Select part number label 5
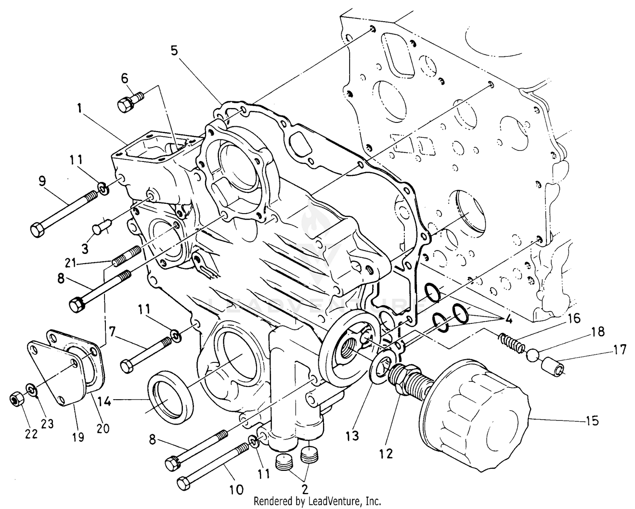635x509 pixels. coord(174,50)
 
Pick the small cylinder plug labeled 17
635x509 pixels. coord(552,366)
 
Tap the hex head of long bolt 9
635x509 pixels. coord(36,229)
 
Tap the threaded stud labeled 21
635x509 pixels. coord(127,256)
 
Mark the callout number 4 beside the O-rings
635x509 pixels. coord(509,319)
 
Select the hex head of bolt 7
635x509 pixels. coord(127,365)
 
